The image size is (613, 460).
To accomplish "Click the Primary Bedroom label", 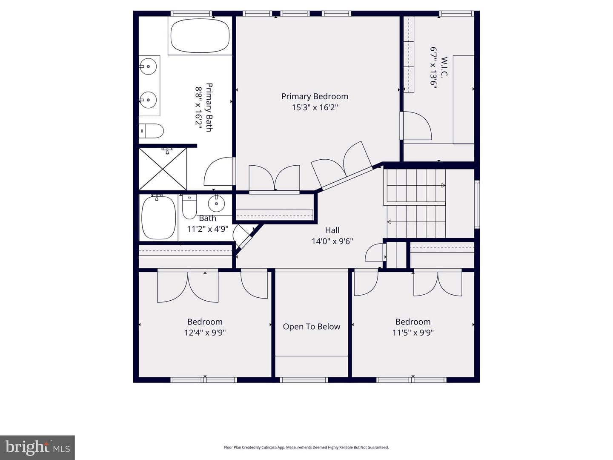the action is [315, 97].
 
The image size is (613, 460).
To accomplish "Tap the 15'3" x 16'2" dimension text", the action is [315, 107].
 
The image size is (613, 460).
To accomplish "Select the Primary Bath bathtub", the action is [200, 36].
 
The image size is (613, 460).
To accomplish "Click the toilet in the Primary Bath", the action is [151, 131].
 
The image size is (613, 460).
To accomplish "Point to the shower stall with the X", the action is [163, 169].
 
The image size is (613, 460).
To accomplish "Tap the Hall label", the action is [332, 230].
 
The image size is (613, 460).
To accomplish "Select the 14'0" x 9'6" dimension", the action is [332, 241].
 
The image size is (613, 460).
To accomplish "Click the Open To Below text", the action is [311, 327].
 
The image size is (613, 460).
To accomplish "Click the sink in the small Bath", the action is [216, 204].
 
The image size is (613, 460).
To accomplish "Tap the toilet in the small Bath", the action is [189, 207].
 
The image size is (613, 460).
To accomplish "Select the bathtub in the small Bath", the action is [159, 218].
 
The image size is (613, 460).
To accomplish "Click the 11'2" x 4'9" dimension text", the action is [207, 229].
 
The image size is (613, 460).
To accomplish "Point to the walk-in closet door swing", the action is [418, 126].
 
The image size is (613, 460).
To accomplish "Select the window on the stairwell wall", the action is [477, 204].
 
